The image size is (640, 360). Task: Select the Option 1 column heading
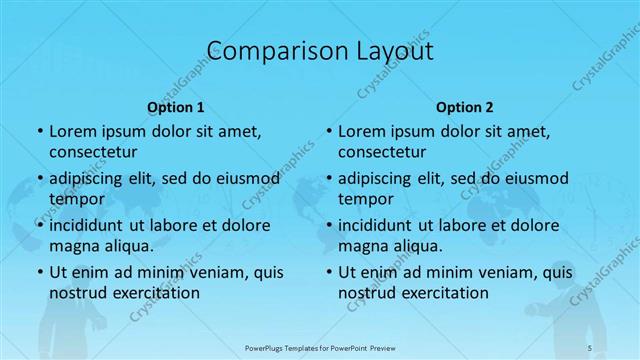click(176, 106)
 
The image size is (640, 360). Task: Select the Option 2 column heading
click(465, 106)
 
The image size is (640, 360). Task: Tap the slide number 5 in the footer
click(589, 347)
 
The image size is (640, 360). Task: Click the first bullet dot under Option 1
click(39, 132)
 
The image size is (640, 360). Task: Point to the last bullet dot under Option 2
click(328, 272)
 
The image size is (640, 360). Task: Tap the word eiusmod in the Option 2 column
click(535, 179)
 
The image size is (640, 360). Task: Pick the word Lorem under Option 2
click(361, 132)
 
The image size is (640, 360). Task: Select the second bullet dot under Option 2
click(328, 179)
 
